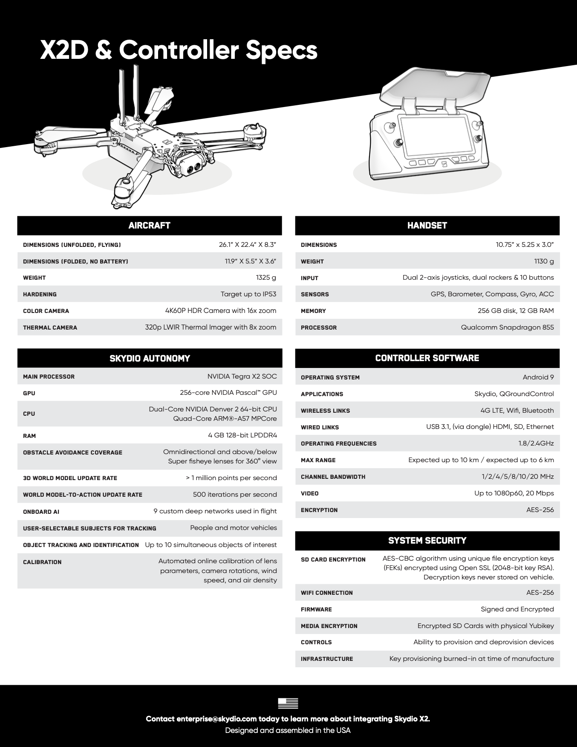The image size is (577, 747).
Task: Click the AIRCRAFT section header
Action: pos(149,226)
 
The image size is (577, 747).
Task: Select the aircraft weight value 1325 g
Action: pos(266,278)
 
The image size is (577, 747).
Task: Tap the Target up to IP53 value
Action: pos(248,294)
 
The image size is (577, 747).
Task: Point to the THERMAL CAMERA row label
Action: pos(50,327)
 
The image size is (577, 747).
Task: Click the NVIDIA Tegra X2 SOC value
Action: pos(242,376)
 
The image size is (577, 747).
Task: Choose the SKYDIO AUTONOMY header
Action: pos(150,358)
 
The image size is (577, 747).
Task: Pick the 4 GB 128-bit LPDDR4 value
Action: pos(242,435)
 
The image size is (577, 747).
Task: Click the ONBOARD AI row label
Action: pos(41,512)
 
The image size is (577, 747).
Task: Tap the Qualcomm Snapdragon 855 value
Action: pos(507,327)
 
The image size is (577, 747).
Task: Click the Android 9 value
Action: pos(538,377)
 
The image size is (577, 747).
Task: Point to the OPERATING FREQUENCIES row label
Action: pos(338,443)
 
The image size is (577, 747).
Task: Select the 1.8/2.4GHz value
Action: pos(536,443)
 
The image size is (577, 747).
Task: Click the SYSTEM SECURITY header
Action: pos(427,541)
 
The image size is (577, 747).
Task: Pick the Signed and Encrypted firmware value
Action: pos(517,609)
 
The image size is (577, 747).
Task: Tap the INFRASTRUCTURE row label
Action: pos(327,659)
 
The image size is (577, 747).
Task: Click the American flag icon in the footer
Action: pos(288,703)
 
